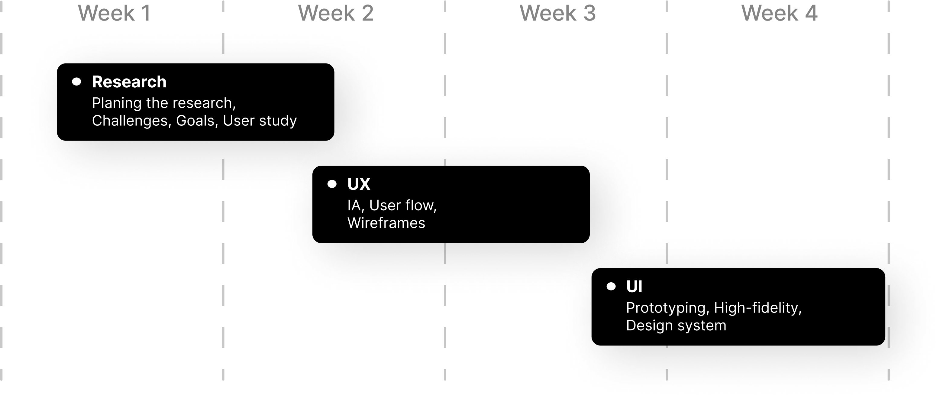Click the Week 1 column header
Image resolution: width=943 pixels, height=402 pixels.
coord(114,14)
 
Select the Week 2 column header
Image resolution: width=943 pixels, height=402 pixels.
coord(336,14)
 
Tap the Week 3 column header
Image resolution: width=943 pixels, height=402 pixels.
coord(557,14)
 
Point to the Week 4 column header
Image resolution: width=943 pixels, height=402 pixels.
coord(779,14)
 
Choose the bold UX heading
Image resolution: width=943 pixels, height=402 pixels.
coord(359,184)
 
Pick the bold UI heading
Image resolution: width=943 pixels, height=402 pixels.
coord(634,287)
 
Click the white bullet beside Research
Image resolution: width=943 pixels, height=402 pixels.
coord(76,82)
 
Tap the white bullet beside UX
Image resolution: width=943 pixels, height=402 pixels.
coord(332,184)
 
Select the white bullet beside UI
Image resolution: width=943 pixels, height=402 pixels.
coord(611,286)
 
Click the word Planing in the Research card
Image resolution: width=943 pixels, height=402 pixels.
coord(116,104)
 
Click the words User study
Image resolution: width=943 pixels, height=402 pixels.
coord(260,121)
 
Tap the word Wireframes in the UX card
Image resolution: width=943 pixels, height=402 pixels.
coord(386,223)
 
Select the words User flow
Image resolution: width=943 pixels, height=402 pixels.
coord(403,206)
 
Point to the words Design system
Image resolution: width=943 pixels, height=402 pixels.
coord(676,326)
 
